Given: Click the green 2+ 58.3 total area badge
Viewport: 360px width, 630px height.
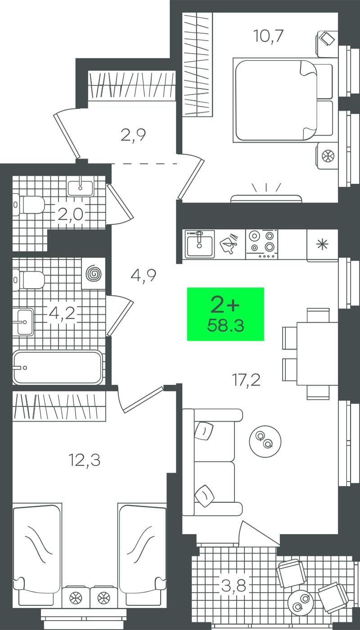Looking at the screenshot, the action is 225,314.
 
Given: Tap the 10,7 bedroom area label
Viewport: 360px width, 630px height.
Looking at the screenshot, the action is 268,36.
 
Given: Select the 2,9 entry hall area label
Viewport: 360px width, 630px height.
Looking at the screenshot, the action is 133,135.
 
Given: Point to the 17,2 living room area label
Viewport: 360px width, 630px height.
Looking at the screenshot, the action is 246,380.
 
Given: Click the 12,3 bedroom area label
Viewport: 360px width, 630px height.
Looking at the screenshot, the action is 85,460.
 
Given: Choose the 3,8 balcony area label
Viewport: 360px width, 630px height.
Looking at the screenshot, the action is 234,585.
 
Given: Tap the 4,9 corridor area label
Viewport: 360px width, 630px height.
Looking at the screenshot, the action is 144,275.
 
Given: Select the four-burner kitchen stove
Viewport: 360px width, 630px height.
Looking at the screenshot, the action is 262,244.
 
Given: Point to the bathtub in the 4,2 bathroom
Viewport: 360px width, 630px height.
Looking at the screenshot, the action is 58,367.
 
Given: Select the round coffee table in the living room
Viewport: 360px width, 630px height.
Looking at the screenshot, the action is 265,441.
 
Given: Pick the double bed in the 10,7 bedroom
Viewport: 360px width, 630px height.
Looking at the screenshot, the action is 283,100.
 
